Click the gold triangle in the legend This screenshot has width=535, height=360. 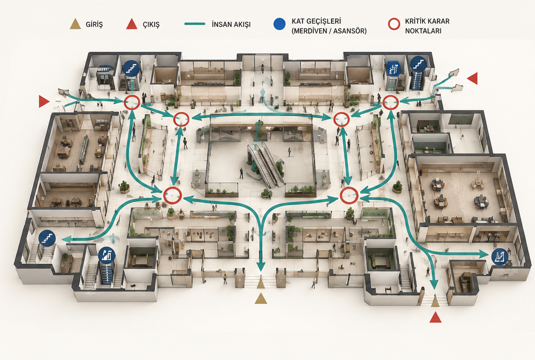pos(75,24)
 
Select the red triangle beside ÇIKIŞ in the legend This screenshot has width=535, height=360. pos(132,24)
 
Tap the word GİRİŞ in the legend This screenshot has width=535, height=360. pos(94,25)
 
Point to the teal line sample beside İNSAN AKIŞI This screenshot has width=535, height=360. pos(195,24)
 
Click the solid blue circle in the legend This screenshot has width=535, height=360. pos(280,24)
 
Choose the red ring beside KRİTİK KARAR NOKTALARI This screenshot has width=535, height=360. pos(394,24)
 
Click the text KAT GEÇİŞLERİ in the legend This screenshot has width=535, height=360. pos(316,21)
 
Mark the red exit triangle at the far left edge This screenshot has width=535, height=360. pos(44,102)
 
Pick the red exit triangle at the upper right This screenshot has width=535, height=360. pos(472,78)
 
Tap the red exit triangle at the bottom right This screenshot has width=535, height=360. pos(435,318)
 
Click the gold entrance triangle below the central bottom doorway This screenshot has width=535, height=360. pos(261,298)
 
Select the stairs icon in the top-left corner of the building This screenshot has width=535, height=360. pos(131,68)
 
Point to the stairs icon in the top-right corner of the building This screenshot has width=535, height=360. pos(418,64)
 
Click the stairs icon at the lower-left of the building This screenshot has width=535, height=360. pos(47,238)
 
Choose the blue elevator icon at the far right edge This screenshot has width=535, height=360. pos(499,256)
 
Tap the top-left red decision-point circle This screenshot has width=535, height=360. pos(132,102)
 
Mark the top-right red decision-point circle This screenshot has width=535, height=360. pos(391,103)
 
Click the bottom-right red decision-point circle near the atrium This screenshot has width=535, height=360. pos(349,196)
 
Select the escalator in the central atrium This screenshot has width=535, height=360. pos(266,165)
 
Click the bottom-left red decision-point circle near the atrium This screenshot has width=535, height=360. pos(172,195)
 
